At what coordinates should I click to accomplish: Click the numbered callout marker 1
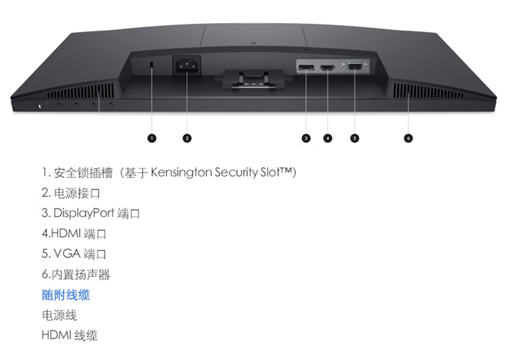click(x=151, y=137)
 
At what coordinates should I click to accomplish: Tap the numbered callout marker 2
click(x=187, y=137)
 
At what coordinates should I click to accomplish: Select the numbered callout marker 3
click(x=305, y=137)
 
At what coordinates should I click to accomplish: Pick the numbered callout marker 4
click(x=328, y=137)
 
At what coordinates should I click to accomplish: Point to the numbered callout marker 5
click(x=355, y=137)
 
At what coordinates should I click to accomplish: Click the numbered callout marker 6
click(x=408, y=137)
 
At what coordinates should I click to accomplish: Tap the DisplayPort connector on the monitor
click(x=305, y=67)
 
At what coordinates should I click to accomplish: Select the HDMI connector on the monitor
click(x=328, y=67)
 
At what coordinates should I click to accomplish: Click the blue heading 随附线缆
click(x=65, y=295)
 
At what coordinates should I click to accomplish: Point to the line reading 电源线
click(x=59, y=315)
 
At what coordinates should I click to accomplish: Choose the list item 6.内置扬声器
click(x=76, y=275)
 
